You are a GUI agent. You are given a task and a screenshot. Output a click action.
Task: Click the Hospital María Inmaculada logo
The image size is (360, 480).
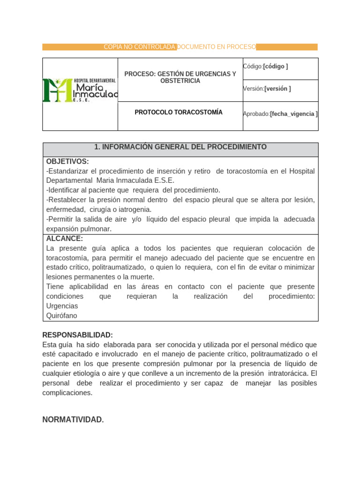(x=80, y=90)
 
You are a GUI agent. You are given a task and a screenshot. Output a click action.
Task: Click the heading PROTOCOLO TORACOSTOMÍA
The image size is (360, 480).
(x=179, y=112)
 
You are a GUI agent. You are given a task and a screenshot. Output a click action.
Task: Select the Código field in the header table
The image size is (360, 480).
(x=265, y=67)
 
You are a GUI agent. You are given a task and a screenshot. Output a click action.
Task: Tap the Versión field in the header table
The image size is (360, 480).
(x=267, y=89)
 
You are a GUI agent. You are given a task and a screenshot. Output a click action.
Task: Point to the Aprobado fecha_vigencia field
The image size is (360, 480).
(x=280, y=114)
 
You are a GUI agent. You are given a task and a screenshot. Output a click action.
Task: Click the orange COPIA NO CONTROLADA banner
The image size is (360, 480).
(x=180, y=47)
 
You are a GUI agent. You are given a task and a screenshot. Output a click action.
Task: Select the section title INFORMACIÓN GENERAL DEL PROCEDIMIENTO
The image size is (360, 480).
(x=180, y=147)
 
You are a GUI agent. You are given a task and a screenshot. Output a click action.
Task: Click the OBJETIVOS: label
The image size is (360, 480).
(x=67, y=162)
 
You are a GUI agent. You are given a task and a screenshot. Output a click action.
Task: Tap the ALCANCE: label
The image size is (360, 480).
(x=65, y=239)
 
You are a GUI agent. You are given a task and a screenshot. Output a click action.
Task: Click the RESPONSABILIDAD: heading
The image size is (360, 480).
(x=78, y=335)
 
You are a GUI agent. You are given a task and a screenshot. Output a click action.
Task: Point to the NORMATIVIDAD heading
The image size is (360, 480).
(x=73, y=420)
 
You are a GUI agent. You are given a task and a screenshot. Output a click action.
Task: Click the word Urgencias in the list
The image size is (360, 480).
(x=62, y=306)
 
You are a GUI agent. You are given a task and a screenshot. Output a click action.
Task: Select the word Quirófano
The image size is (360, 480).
(x=61, y=316)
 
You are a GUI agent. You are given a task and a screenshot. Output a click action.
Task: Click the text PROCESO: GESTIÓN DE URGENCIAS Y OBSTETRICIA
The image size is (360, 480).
(x=180, y=77)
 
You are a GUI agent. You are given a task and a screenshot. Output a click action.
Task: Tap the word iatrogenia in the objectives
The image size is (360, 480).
(x=135, y=210)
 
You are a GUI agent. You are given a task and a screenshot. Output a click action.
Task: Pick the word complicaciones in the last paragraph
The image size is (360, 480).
(x=67, y=393)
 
